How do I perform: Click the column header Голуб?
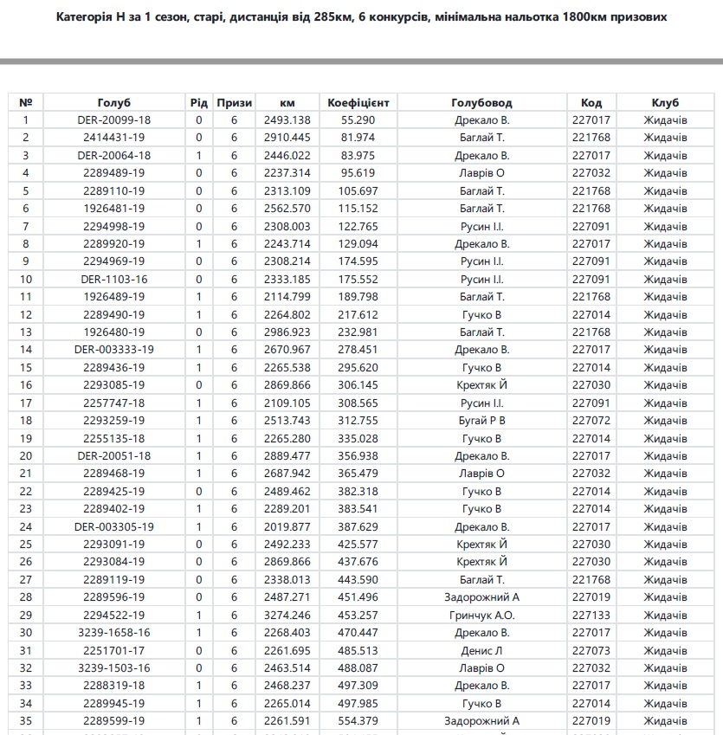(114, 102)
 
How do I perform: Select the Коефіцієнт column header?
(358, 102)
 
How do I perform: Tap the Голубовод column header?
(481, 102)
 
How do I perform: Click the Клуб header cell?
(665, 102)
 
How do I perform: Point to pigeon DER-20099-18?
(114, 120)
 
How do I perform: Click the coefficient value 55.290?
(358, 120)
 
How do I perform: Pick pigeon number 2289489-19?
(114, 173)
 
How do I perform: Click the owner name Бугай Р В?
(481, 421)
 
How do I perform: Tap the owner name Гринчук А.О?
(481, 615)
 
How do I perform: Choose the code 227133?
(591, 615)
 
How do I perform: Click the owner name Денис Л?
(481, 650)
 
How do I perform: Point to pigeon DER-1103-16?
(114, 279)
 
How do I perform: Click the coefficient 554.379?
(358, 720)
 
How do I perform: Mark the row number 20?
(26, 455)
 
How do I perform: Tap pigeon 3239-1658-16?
(114, 632)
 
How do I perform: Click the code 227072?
(591, 421)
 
